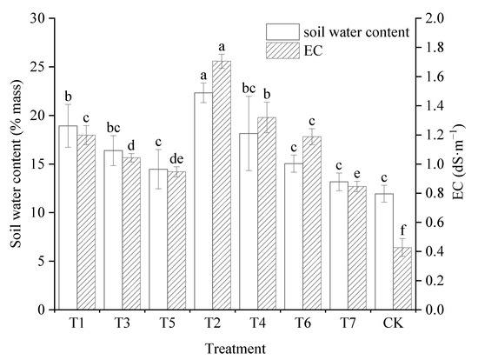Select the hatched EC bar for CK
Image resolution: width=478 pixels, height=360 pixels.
tap(402, 278)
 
